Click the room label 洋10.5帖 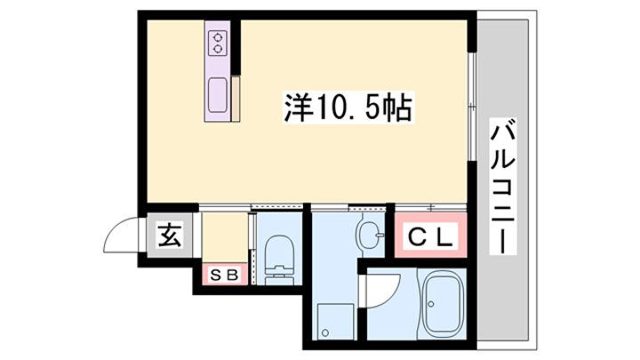click(x=348, y=108)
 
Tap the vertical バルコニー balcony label click(x=502, y=187)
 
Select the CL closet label click(x=430, y=237)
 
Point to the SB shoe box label click(x=224, y=276)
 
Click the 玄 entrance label click(x=170, y=236)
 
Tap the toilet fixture click(x=280, y=260)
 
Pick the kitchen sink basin click(x=218, y=94)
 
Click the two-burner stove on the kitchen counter click(x=218, y=43)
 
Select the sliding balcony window click(x=472, y=106)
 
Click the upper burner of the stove click(x=218, y=37)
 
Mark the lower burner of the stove click(x=218, y=49)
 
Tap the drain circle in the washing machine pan click(x=325, y=332)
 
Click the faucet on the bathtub click(x=430, y=303)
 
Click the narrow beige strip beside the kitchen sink click(x=236, y=99)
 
